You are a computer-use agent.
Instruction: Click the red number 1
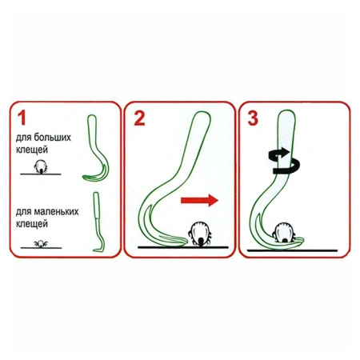(x=22, y=118)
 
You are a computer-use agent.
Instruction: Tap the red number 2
(x=139, y=118)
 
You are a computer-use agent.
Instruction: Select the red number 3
(x=253, y=118)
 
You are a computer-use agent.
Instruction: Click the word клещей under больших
(x=32, y=150)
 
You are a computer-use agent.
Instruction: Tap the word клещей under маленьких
(x=32, y=224)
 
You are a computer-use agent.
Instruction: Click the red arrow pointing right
(x=199, y=201)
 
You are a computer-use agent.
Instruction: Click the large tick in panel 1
(x=41, y=167)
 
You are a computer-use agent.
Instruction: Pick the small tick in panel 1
(x=41, y=244)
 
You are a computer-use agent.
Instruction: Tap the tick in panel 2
(x=200, y=234)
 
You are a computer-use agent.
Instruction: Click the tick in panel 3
(x=284, y=232)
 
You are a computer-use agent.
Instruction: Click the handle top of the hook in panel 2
(x=202, y=115)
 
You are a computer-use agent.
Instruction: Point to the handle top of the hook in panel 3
(x=287, y=114)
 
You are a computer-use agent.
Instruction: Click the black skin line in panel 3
(x=292, y=250)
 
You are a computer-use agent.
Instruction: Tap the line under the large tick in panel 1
(x=41, y=174)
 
